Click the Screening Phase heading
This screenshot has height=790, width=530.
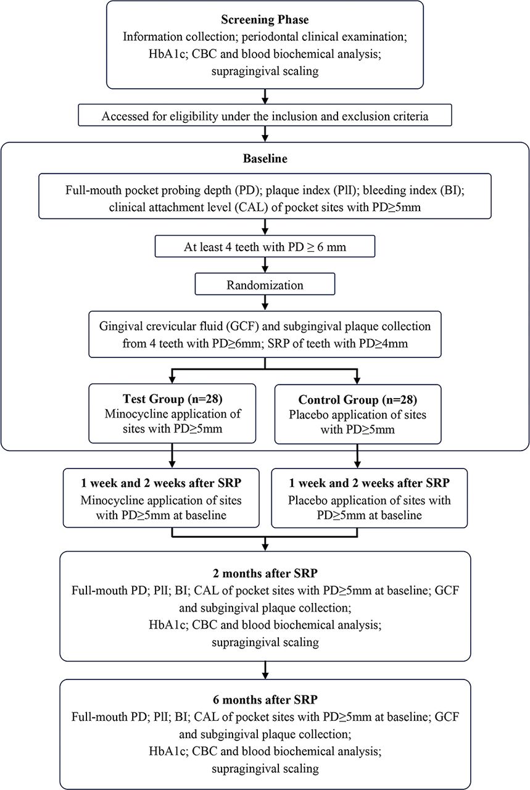pos(265,19)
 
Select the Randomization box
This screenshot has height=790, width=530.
pos(265,285)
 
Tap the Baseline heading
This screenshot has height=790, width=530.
pos(265,159)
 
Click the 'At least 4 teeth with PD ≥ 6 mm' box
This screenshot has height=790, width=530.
pos(265,246)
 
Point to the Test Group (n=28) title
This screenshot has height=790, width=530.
pos(172,399)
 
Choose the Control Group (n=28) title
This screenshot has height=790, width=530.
pos(358,399)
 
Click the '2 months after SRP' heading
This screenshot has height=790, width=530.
pos(265,573)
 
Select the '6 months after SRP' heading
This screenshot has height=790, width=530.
pos(265,699)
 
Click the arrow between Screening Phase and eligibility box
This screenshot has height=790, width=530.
pos(265,96)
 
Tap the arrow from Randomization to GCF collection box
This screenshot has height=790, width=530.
pos(265,303)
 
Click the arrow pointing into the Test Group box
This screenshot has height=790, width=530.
pos(172,376)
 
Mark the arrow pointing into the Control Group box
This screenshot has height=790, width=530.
pos(358,376)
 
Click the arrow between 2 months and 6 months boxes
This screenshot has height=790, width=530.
pos(265,670)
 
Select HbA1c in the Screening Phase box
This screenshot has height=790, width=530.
pos(167,54)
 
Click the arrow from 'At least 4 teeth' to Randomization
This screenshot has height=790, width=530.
pos(265,265)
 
